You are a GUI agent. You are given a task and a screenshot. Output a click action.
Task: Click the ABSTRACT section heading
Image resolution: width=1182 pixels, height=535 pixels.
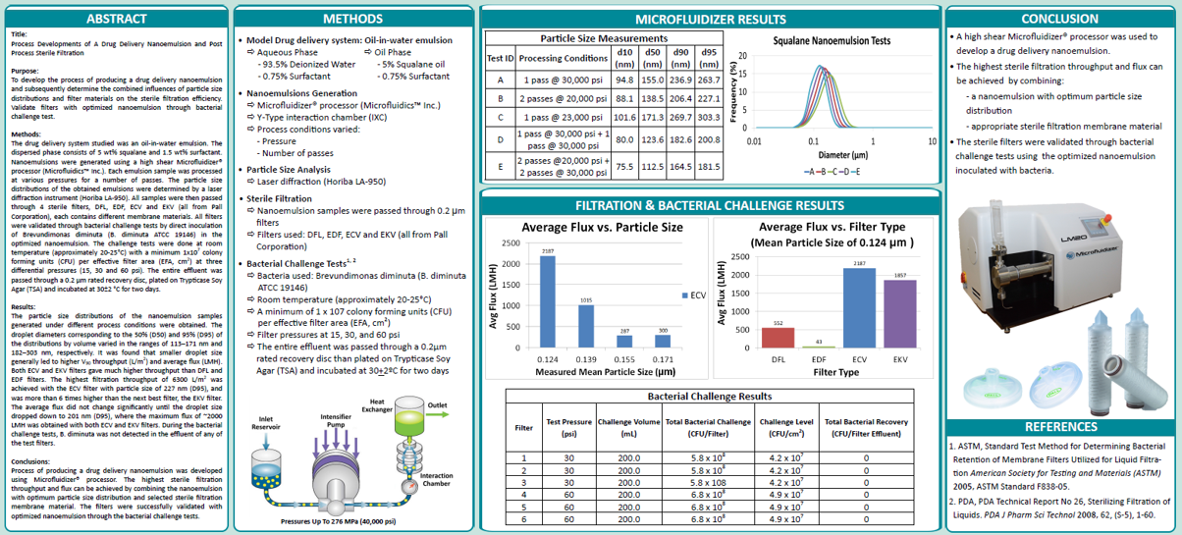(116, 19)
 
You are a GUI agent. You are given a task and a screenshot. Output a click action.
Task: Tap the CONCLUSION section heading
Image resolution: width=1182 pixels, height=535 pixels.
(1059, 19)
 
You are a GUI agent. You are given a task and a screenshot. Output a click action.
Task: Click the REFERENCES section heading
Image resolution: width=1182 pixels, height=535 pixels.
(1059, 427)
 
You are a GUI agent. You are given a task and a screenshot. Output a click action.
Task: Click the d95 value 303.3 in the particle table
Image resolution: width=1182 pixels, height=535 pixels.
(709, 118)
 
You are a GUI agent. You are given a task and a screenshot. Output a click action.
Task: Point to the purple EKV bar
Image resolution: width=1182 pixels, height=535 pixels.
(899, 313)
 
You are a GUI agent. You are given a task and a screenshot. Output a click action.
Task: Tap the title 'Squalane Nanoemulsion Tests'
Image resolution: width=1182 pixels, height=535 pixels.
(832, 41)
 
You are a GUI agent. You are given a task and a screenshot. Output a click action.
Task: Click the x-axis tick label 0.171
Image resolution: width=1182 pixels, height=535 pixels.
(663, 359)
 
